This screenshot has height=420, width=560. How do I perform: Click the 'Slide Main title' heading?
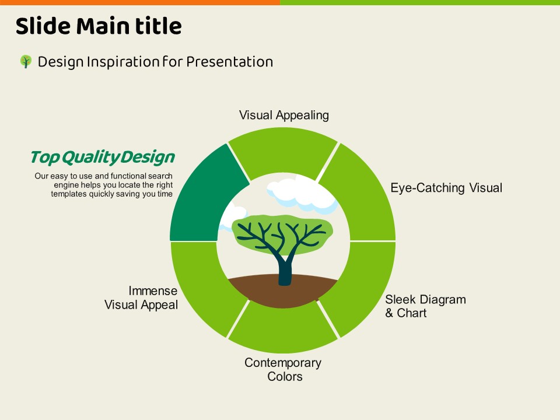[99, 26]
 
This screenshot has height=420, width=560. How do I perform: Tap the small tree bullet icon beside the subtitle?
[26, 61]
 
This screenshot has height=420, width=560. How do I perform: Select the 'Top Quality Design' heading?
[103, 157]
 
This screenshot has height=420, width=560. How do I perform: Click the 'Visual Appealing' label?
[284, 116]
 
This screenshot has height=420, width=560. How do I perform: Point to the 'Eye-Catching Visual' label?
[446, 188]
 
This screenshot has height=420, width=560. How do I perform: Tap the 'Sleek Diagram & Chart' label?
[425, 306]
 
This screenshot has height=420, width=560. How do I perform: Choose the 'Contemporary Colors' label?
[283, 369]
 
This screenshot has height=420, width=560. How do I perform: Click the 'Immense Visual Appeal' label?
[141, 297]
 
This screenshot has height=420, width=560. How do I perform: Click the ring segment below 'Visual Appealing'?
[283, 152]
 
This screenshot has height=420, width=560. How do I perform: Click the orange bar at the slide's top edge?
[140, 2]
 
